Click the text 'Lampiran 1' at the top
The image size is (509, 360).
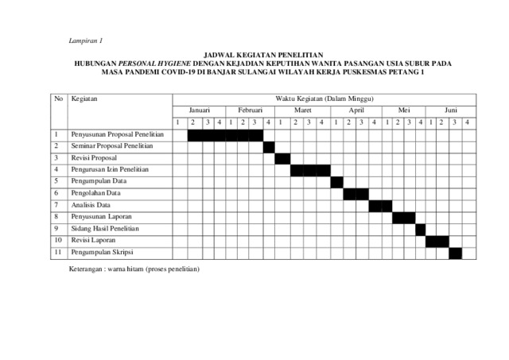[87, 41]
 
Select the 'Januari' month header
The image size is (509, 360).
[199, 110]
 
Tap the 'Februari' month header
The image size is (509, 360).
[250, 110]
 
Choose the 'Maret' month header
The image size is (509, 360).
[302, 110]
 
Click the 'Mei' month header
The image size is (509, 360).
[403, 110]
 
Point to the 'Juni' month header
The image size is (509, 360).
[451, 110]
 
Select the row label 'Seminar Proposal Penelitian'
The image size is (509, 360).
[111, 146]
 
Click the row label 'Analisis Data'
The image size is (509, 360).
[91, 205]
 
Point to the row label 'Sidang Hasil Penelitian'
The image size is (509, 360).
[105, 228]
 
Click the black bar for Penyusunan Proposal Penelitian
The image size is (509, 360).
[225, 134]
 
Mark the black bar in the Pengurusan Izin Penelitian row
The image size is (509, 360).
[310, 170]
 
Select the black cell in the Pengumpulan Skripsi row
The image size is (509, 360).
[455, 253]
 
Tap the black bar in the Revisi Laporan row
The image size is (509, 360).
[437, 241]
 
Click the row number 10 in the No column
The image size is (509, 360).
[58, 240]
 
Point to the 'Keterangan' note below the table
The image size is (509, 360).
[135, 269]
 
